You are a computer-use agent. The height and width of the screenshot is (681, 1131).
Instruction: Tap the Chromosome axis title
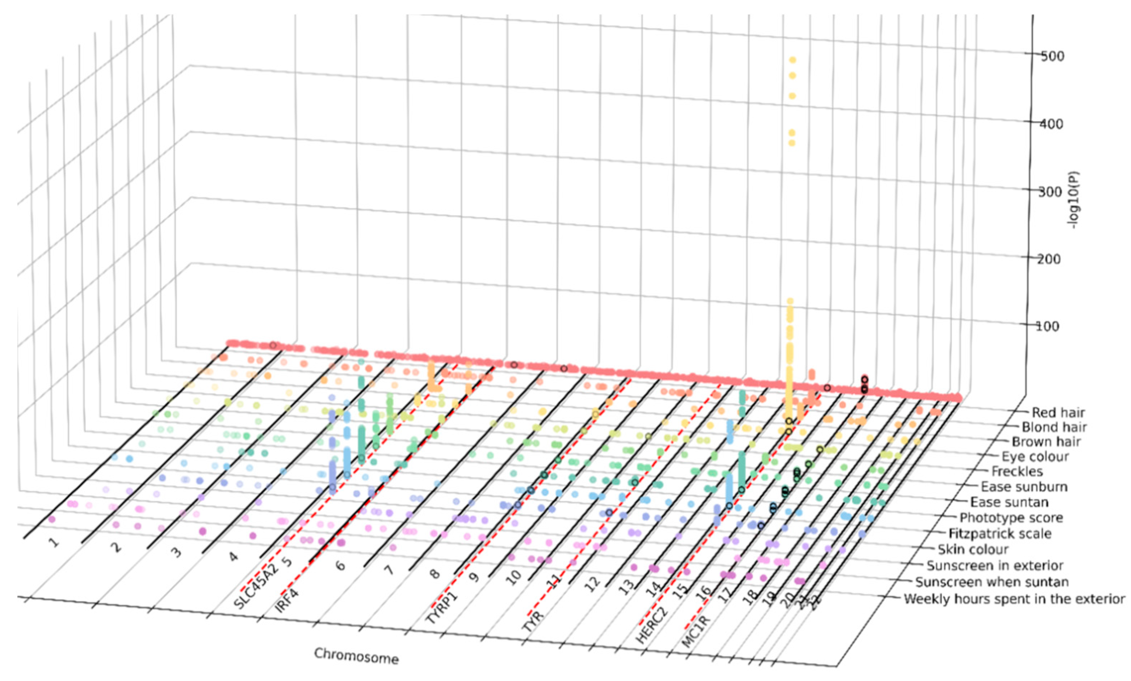(356, 656)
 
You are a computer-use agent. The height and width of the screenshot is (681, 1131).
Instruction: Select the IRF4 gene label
(287, 601)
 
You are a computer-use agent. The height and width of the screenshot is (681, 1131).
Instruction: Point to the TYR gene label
(533, 622)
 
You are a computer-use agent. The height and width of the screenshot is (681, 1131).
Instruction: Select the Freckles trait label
(1017, 471)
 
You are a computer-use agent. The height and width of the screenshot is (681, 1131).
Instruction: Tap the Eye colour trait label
(1035, 457)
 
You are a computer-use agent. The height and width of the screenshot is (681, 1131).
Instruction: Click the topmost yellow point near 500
(792, 60)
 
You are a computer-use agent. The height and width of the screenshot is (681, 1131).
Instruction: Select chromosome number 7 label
(389, 570)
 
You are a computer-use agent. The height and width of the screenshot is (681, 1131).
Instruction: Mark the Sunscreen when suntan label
(992, 582)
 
